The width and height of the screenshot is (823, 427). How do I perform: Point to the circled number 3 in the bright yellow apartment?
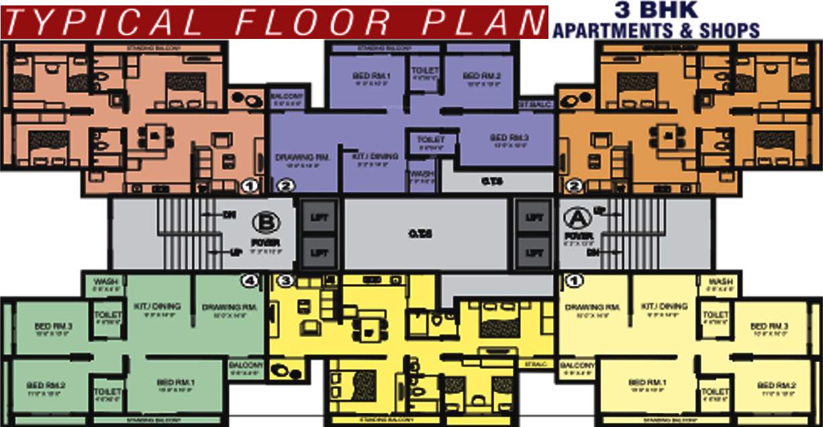tap(285, 281)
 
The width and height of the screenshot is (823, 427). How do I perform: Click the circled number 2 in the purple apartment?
tap(285, 186)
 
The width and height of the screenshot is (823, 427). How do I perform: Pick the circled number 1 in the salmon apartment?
tap(250, 185)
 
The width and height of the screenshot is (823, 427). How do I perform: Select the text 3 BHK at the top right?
tap(657, 9)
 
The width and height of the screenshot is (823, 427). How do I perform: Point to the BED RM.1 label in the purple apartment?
tap(371, 76)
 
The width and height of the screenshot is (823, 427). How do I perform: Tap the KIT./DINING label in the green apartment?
tap(158, 306)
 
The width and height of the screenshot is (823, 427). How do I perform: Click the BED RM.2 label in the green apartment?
tap(45, 385)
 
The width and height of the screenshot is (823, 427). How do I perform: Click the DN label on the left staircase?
tap(230, 215)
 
